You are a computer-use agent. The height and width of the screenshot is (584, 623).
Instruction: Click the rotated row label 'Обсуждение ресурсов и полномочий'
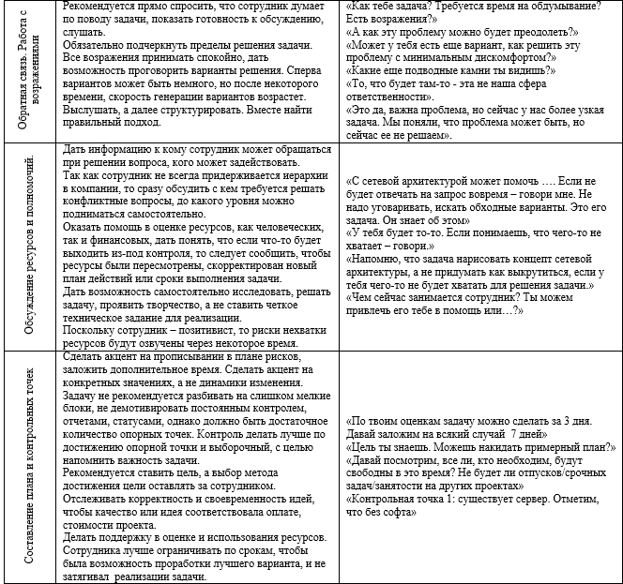tap(29, 248)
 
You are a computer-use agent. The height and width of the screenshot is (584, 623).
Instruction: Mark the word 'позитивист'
tap(192, 332)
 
